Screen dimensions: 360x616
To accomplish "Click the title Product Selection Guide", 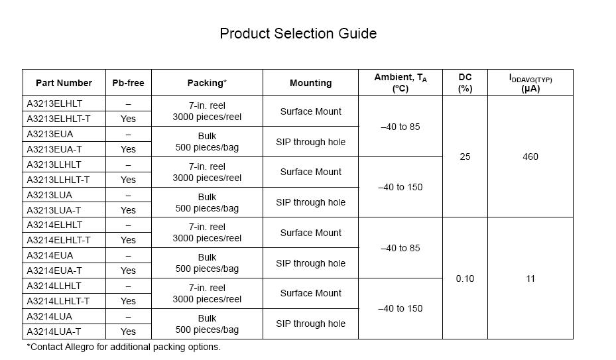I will coord(298,33).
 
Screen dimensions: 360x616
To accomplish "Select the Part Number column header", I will coord(64,83).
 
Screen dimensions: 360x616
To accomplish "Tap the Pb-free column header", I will coord(128,83).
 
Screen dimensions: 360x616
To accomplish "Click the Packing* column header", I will coord(207,83).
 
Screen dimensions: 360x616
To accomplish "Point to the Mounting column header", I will coord(310,83).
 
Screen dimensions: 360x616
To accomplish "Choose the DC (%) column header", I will coord(465,83).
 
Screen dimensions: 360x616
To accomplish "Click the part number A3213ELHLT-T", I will coord(58,119).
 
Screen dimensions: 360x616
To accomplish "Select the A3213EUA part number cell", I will coord(50,134).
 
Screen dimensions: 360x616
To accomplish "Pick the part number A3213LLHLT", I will coord(54,164).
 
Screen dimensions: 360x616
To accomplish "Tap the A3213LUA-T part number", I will coord(54,210).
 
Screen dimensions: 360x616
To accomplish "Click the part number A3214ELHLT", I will coord(54,225).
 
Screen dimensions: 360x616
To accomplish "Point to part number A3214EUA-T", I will coord(54,270).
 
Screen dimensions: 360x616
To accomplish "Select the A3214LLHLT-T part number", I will coord(58,301).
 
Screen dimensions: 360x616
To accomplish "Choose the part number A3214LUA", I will coord(50,316).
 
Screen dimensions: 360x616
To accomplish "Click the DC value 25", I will coord(465,157).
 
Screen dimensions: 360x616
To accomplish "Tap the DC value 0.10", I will coord(465,278).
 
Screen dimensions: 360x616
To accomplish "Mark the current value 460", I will coord(530,157).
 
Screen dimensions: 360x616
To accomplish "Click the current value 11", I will coord(530,278).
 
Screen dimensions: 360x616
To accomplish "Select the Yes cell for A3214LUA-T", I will coord(128,331).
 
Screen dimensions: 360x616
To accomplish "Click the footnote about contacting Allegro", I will coord(123,347).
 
